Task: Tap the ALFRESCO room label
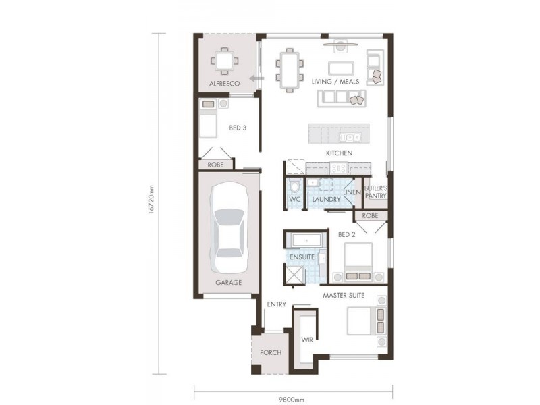pyautogui.click(x=225, y=84)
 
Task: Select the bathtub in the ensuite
pyautogui.click(x=306, y=240)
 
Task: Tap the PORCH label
pyautogui.click(x=271, y=353)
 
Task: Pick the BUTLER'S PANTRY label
pyautogui.click(x=375, y=192)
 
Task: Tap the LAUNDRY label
pyautogui.click(x=325, y=200)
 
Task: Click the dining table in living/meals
pyautogui.click(x=289, y=70)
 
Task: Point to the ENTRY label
pyautogui.click(x=276, y=304)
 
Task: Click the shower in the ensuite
pyautogui.click(x=294, y=273)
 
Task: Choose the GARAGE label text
pyautogui.click(x=228, y=283)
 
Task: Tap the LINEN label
pyautogui.click(x=352, y=192)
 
